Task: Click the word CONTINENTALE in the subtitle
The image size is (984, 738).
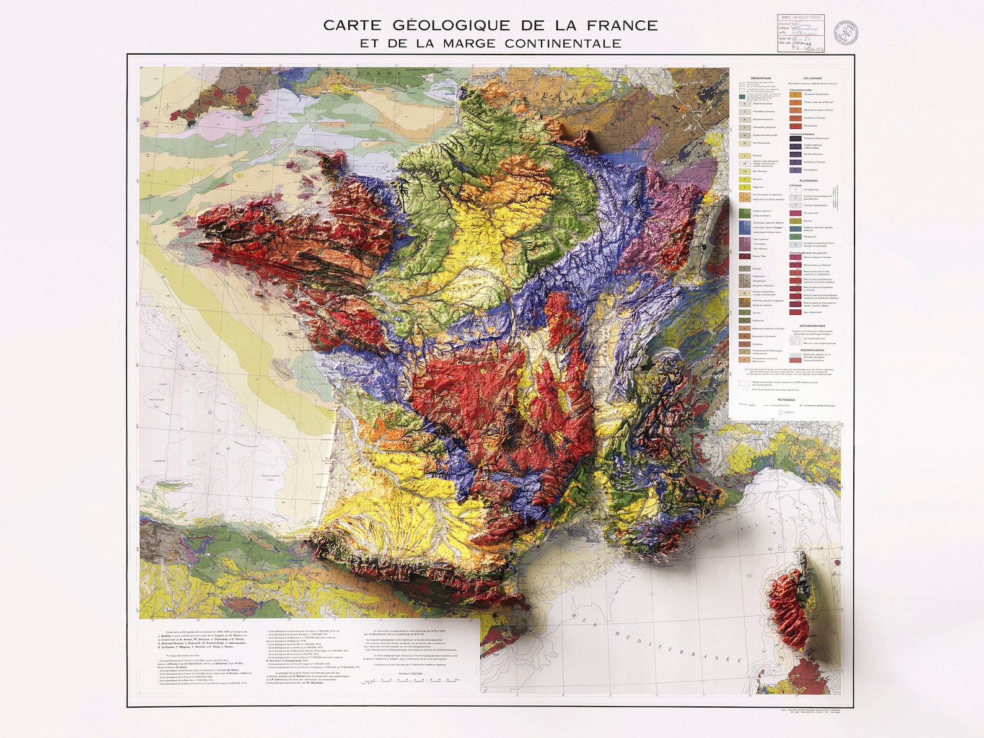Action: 563,43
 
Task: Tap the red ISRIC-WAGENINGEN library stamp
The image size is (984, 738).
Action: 801,31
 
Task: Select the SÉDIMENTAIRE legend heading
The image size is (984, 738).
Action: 761,78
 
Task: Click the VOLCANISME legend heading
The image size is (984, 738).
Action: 812,78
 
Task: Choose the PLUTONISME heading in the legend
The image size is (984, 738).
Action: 809,181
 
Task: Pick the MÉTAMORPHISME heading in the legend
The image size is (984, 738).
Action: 812,325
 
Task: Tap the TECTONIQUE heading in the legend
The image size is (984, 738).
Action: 786,400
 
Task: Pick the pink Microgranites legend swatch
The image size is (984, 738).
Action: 796,213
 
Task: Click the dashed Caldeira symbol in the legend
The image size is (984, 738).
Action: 780,413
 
